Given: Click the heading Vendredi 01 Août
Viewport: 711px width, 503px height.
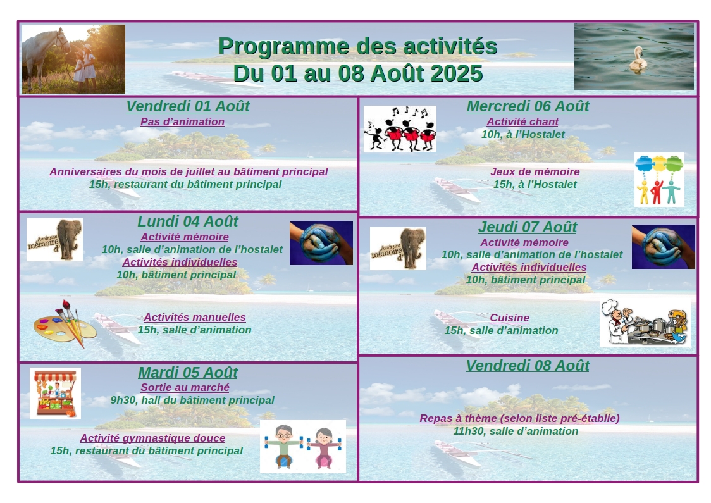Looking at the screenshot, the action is tap(188, 106).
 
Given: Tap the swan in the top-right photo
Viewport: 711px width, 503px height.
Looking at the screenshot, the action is tap(638, 59).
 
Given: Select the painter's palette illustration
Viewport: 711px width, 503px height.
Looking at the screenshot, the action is tap(65, 324).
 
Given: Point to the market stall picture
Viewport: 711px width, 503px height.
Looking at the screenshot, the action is tap(55, 393).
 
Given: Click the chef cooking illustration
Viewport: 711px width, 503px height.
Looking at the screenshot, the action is tap(645, 323).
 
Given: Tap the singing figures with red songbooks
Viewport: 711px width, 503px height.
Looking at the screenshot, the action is tap(400, 129).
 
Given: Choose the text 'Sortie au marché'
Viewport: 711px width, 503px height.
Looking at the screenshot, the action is tap(185, 387).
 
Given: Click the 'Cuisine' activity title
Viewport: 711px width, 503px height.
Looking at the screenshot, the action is tap(509, 318).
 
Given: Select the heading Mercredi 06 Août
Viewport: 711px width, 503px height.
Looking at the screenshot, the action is tap(528, 106).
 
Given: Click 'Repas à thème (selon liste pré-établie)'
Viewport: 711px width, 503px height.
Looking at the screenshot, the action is tap(519, 418).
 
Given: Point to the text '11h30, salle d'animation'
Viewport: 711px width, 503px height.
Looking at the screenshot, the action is tap(516, 431).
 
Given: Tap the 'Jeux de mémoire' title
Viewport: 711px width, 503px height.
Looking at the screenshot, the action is tap(535, 171).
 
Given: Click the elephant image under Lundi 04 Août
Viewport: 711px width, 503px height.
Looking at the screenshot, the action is tap(54, 240).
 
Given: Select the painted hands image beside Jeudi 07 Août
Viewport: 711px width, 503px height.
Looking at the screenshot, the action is tap(664, 247).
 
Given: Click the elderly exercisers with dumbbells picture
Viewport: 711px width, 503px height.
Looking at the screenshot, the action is tap(303, 447).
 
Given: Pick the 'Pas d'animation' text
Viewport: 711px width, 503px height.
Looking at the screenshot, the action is tap(182, 121).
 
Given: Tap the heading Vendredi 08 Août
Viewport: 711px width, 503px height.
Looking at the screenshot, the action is tap(528, 366).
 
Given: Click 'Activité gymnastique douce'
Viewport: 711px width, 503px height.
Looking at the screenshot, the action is tap(153, 438).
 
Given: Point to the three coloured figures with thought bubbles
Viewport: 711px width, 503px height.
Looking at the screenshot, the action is tap(659, 180).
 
